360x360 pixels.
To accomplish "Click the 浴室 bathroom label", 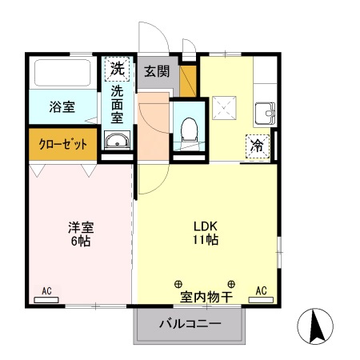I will pyautogui.click(x=62, y=106).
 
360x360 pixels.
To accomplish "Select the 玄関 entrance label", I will pyautogui.click(x=157, y=70).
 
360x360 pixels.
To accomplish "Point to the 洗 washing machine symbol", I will pyautogui.click(x=118, y=69).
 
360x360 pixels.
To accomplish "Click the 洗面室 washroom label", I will pyautogui.click(x=117, y=105).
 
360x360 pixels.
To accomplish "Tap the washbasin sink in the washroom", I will pyautogui.click(x=117, y=142).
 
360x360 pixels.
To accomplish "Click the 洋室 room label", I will pyautogui.click(x=79, y=226).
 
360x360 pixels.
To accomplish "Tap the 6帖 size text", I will pyautogui.click(x=79, y=240).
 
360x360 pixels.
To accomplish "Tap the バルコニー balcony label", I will pyautogui.click(x=189, y=325).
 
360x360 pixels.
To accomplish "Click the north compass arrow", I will pyautogui.click(x=315, y=326).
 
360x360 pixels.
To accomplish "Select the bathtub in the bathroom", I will pyautogui.click(x=62, y=74).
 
